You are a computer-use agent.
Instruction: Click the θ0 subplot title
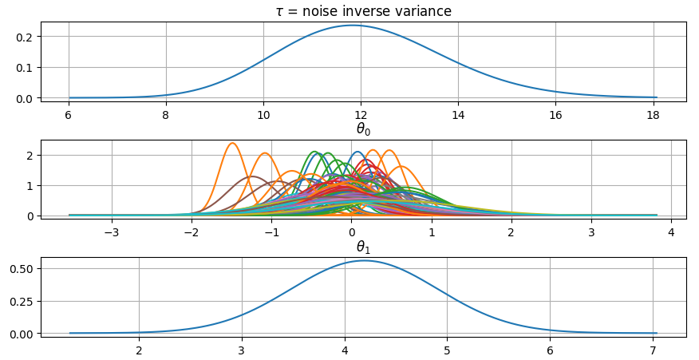[x=363, y=129]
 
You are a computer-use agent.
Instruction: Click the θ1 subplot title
[x=363, y=247]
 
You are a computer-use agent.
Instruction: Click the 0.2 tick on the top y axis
[x=26, y=37]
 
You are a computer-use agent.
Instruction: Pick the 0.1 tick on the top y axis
[x=26, y=68]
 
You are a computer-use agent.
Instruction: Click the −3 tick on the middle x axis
[x=112, y=233]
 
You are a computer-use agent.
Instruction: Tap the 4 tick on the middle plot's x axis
[x=671, y=233]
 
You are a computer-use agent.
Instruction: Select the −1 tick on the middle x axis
[x=271, y=233]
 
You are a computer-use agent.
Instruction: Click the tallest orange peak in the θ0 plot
[x=232, y=144]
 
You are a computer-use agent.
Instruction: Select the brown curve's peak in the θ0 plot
[x=252, y=176]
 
